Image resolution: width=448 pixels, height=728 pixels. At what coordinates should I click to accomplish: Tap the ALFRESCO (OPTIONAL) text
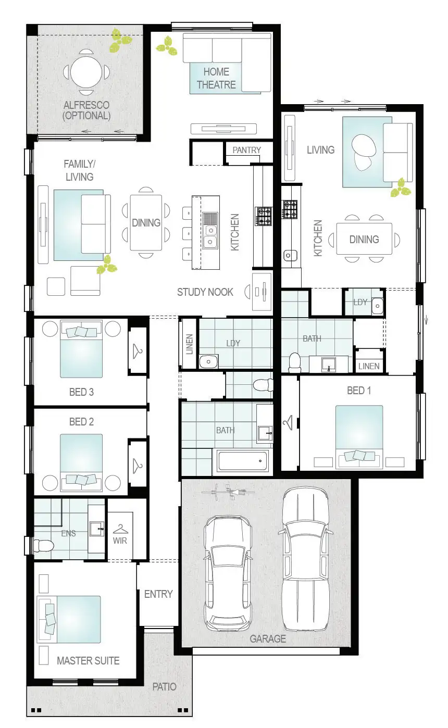[86, 110]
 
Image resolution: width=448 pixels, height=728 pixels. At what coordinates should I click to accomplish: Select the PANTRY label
[246, 150]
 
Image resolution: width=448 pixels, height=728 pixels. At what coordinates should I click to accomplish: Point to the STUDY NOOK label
[205, 292]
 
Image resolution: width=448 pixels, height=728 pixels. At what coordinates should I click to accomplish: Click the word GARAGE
[267, 638]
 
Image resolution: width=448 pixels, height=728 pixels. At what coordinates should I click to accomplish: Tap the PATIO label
[164, 686]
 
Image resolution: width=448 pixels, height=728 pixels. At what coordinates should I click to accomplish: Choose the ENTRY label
[158, 594]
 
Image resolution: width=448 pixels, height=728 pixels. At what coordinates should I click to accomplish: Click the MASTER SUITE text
[88, 660]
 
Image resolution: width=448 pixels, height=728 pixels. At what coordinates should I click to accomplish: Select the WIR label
[120, 540]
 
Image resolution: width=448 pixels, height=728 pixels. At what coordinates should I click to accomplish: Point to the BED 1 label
[359, 390]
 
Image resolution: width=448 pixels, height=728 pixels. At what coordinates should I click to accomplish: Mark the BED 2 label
[81, 421]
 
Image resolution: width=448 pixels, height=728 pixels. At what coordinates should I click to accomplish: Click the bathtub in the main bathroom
[242, 461]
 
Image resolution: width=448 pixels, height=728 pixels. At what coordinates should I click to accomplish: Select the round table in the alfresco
[86, 71]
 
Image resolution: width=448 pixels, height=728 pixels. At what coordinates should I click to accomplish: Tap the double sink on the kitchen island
[210, 230]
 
